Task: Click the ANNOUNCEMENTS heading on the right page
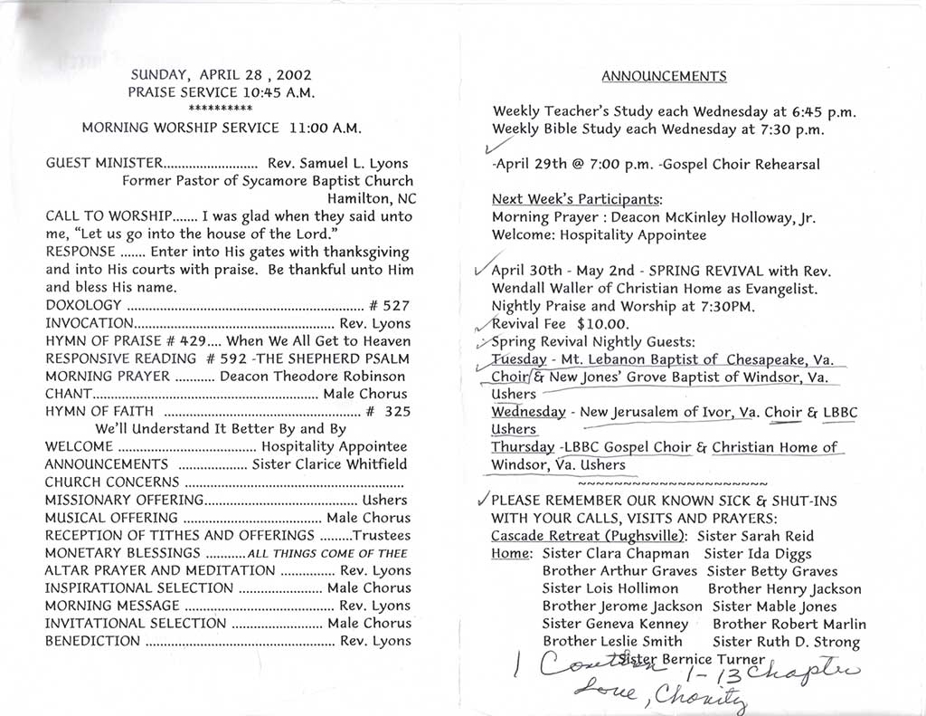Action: coord(664,76)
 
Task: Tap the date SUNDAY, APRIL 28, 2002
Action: coord(222,75)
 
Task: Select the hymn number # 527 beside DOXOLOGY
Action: coord(390,305)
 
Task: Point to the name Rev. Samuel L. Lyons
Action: coord(338,164)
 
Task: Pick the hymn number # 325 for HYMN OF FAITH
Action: coord(390,412)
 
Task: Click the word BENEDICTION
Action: coord(92,641)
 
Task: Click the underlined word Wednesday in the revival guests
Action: coord(529,412)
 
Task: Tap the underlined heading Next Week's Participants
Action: coord(576,199)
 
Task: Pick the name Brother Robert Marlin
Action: coord(789,624)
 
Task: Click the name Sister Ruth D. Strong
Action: coord(786,642)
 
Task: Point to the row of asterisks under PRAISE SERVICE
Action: coord(221,109)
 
